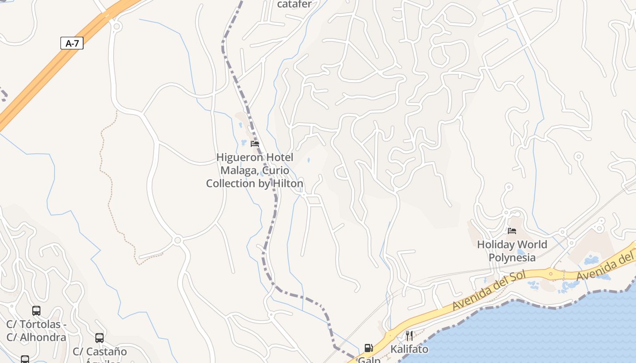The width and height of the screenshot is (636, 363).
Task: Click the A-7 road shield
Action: pos(72,44)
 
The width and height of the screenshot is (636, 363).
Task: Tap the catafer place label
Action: pos(294,5)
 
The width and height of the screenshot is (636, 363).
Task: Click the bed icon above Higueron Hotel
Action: pos(255,144)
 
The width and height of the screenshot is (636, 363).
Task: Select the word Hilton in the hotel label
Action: pos(288,184)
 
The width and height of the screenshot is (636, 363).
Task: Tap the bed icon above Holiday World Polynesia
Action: pos(512,231)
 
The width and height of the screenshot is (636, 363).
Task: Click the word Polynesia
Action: pos(512,258)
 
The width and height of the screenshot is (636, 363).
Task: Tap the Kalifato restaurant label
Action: pos(409,349)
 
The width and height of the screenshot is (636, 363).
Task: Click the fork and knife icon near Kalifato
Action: pos(409,336)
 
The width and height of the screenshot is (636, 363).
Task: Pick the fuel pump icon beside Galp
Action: pos(368,348)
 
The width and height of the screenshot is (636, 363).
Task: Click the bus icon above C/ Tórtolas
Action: pos(36,311)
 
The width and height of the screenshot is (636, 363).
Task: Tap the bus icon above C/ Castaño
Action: pos(99,338)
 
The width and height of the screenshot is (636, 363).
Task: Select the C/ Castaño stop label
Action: pos(100,352)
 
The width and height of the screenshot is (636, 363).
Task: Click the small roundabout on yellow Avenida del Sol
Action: pos(551,274)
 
